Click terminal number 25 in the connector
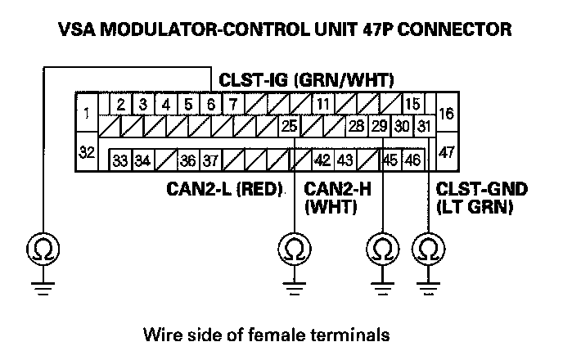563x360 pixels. point(289,127)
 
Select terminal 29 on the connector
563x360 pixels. point(379,127)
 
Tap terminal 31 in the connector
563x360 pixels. point(422,127)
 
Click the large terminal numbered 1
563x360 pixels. point(87,115)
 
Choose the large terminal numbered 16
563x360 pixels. point(446,115)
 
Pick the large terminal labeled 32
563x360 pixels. point(87,151)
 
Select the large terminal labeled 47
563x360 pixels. point(446,151)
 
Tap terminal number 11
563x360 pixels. point(324,105)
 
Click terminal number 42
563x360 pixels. point(322,159)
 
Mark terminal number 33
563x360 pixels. point(119,159)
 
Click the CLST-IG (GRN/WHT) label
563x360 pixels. point(307,80)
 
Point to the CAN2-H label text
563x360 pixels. point(338,191)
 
